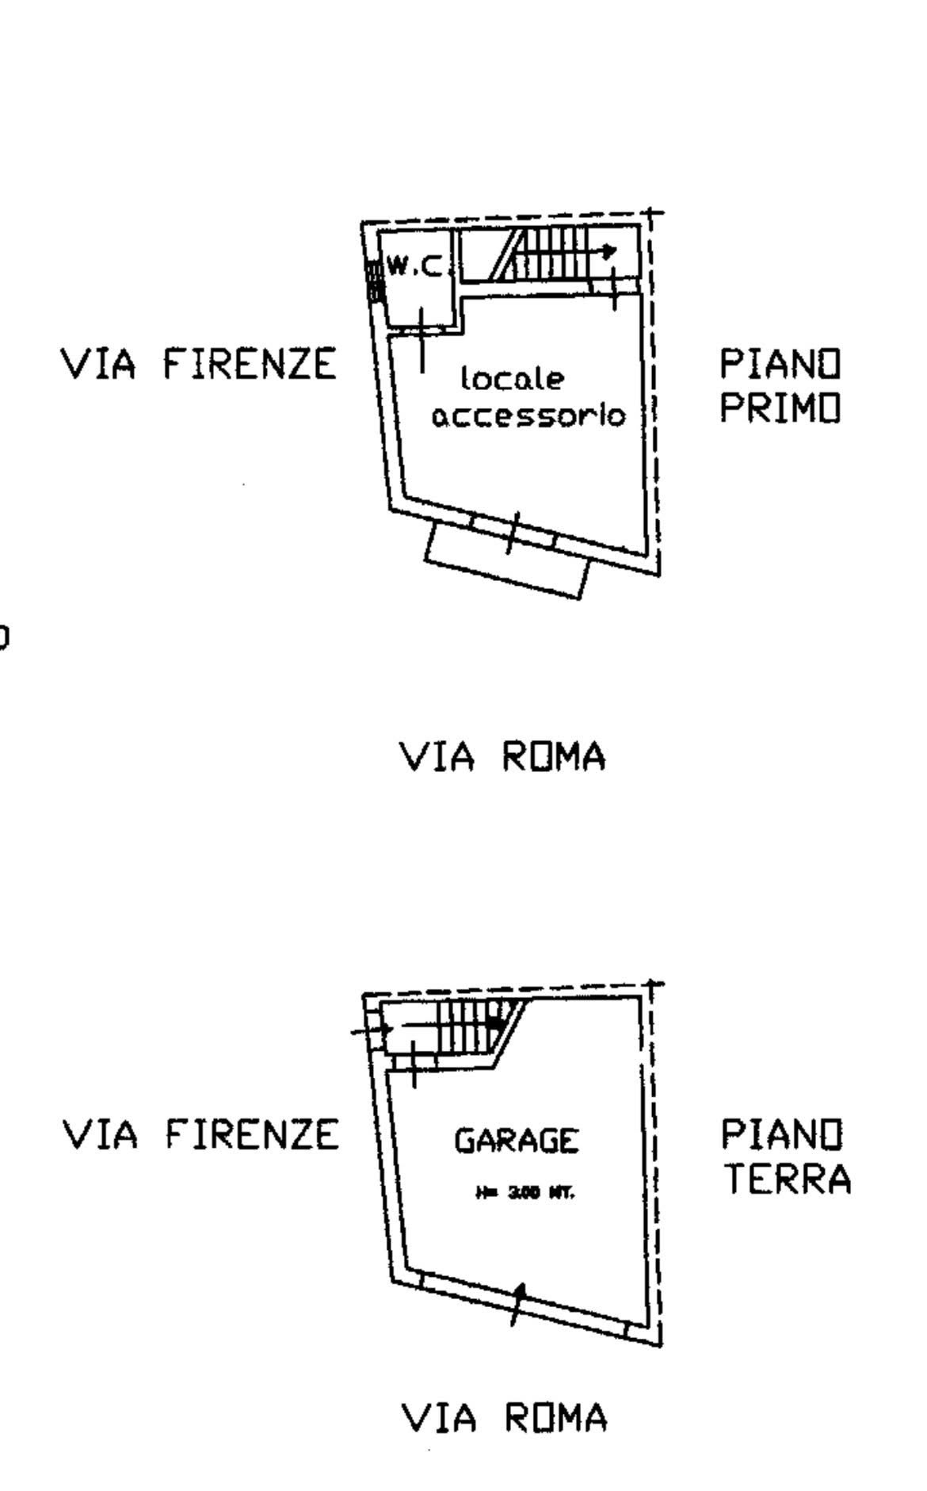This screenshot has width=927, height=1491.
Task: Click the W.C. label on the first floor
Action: click(413, 267)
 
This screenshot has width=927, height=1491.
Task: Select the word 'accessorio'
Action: click(528, 415)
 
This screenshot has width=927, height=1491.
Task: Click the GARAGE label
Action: click(516, 1141)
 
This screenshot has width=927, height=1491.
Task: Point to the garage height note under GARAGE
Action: click(524, 1191)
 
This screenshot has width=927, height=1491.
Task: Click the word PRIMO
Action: click(780, 409)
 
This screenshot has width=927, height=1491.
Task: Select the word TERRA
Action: click(788, 1179)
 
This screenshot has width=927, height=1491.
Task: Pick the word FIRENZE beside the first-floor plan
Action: click(250, 365)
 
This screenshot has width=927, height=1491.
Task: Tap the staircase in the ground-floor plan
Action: click(467, 1026)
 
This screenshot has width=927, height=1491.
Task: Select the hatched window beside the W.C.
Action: click(373, 281)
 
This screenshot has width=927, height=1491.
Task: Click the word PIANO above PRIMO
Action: click(780, 365)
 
